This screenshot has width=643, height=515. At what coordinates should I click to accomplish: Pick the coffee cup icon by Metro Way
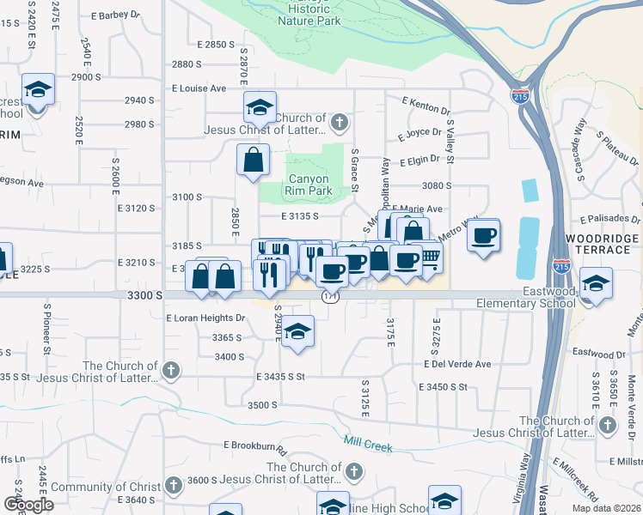(x=484, y=235)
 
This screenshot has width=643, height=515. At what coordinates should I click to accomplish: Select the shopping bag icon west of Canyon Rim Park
(x=254, y=160)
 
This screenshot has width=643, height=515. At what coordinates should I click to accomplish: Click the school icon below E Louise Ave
(x=260, y=108)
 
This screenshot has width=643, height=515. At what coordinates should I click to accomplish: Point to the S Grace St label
(x=355, y=169)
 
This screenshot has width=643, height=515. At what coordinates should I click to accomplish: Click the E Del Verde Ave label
(x=456, y=364)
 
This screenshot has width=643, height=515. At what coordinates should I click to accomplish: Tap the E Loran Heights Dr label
(x=205, y=318)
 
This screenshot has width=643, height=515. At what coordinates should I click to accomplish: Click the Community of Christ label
(x=106, y=487)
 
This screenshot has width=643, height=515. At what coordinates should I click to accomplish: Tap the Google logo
(x=28, y=505)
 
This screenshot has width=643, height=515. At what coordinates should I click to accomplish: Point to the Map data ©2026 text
(x=607, y=508)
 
